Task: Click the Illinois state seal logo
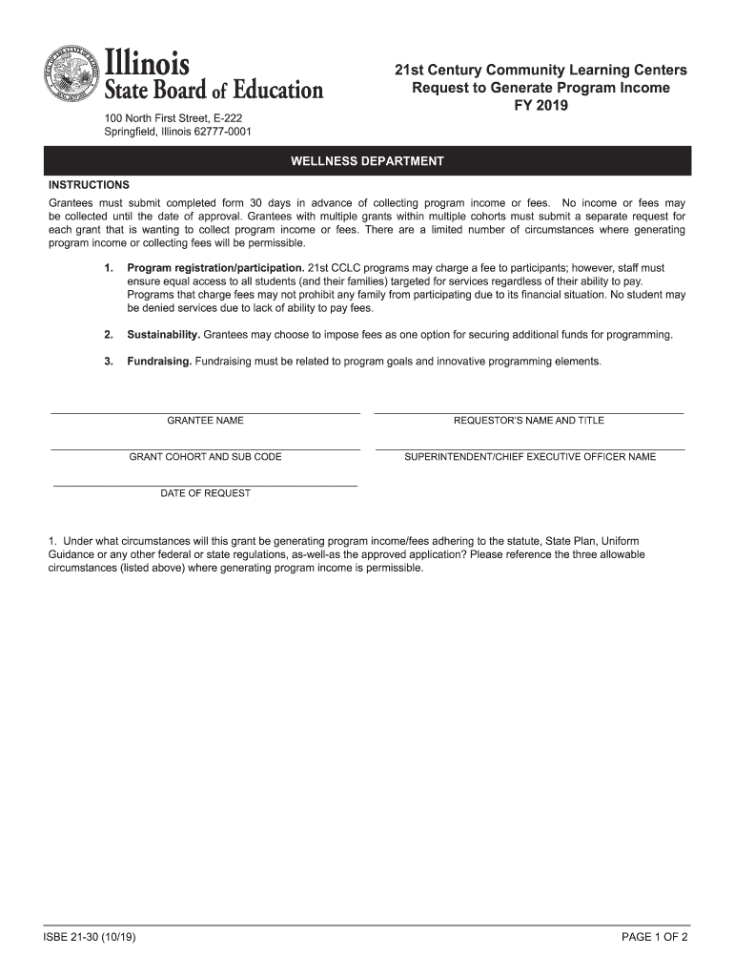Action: [70, 73]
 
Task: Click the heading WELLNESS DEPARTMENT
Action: [367, 161]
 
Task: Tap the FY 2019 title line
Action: [540, 106]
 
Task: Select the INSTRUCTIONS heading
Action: [89, 185]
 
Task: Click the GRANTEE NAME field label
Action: [205, 421]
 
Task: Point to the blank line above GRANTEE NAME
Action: [205, 412]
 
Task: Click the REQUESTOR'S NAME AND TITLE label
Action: [529, 421]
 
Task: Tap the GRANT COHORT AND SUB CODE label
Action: [205, 457]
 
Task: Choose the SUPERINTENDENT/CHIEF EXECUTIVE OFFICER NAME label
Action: [530, 457]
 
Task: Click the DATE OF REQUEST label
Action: [205, 493]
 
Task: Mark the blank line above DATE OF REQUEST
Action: [205, 486]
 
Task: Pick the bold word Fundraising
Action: [159, 362]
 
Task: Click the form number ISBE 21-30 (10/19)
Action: [92, 938]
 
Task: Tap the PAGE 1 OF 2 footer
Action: [654, 938]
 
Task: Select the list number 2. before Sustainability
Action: [109, 335]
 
